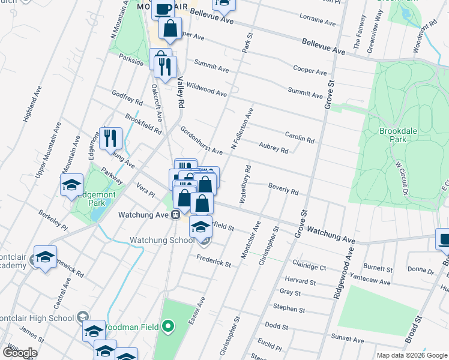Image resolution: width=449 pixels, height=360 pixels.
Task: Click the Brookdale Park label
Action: pyautogui.click(x=394, y=134)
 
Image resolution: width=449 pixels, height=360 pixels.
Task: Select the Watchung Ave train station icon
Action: pyautogui.click(x=176, y=214)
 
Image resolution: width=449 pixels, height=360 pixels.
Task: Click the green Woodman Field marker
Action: pyautogui.click(x=169, y=326)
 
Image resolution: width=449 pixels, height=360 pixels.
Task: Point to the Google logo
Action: pyautogui.click(x=20, y=353)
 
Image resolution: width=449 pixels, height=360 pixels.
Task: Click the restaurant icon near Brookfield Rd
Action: pyautogui.click(x=110, y=139)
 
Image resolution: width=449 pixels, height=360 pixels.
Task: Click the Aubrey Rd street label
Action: pyautogui.click(x=274, y=148)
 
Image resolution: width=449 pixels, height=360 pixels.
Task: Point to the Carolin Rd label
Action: pyautogui.click(x=300, y=137)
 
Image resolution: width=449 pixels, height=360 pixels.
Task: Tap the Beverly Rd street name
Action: pyautogui.click(x=283, y=189)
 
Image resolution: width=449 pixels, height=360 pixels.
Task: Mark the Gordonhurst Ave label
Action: pyautogui.click(x=202, y=141)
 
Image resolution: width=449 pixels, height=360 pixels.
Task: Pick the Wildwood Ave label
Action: pyautogui.click(x=206, y=90)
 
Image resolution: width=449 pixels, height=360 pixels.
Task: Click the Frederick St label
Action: pyautogui.click(x=215, y=261)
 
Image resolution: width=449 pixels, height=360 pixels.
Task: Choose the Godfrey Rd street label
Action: pyautogui.click(x=127, y=97)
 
